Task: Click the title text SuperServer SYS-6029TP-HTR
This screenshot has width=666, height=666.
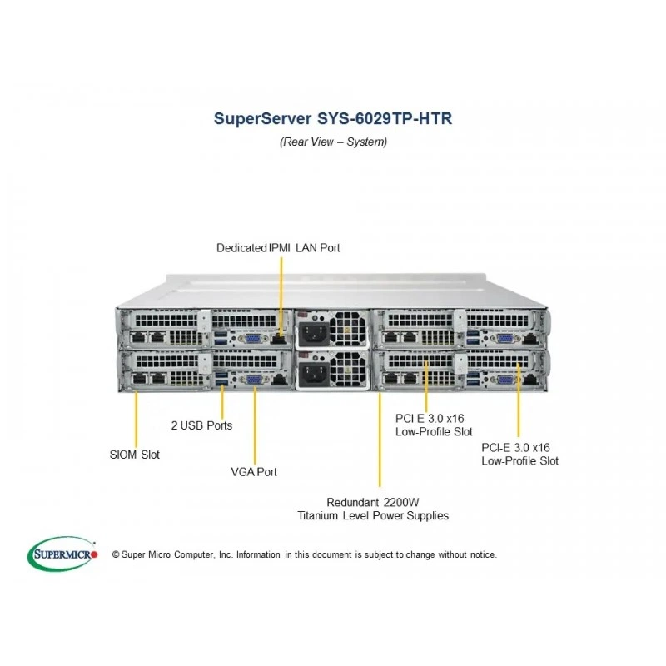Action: (333, 118)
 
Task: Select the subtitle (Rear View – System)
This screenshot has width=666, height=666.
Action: (334, 142)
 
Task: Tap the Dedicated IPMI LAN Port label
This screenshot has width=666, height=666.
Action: (278, 247)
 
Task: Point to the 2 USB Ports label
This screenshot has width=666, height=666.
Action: (201, 425)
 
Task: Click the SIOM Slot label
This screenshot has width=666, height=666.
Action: (135, 455)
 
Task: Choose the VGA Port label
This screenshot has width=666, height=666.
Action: (254, 472)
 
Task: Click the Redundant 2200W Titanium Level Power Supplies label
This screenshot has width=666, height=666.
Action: (373, 509)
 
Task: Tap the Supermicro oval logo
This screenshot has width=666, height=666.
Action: (62, 554)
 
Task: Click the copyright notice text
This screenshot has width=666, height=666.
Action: (305, 554)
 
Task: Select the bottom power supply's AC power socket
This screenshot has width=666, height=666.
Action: (314, 374)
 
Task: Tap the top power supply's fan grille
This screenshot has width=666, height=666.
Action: (347, 329)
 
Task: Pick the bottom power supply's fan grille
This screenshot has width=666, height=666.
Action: (347, 370)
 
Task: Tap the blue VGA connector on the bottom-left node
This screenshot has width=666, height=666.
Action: (254, 380)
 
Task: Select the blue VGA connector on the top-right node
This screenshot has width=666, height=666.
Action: (504, 339)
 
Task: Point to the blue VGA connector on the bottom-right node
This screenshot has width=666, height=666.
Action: (504, 380)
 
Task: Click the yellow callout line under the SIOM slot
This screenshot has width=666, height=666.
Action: (137, 420)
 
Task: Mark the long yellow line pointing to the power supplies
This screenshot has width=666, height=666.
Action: (380, 440)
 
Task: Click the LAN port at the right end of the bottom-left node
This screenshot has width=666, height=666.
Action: (278, 380)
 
